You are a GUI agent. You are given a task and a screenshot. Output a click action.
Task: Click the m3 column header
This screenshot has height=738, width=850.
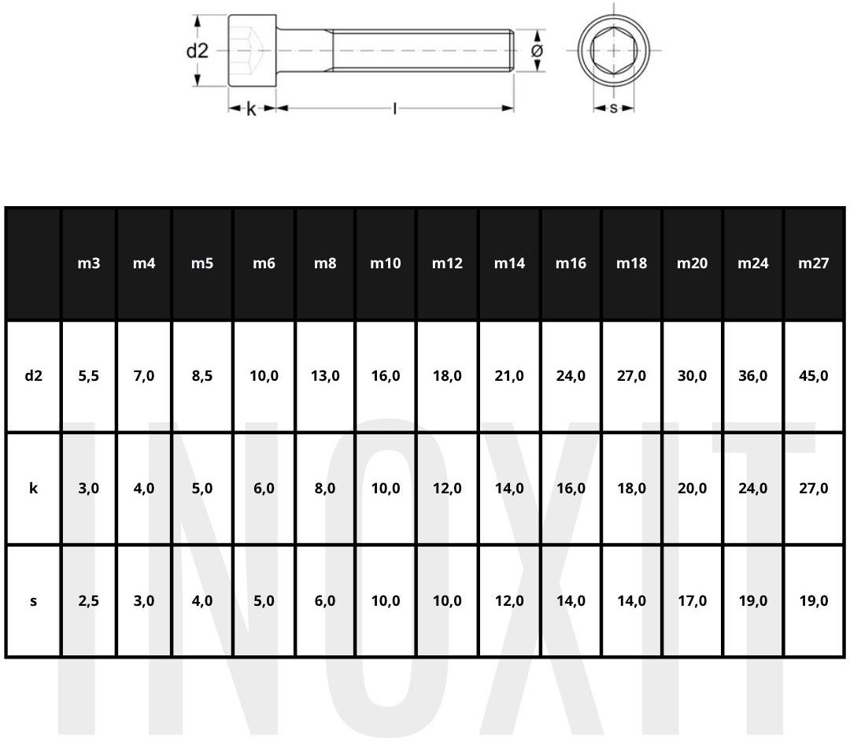click(88, 264)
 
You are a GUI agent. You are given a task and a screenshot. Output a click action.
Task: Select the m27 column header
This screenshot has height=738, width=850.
click(813, 264)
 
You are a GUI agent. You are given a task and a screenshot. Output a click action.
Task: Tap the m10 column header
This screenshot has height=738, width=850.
click(386, 264)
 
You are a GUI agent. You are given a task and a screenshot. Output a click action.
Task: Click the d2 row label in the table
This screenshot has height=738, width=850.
click(33, 375)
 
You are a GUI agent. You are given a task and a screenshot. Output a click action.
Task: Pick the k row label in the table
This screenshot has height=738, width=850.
click(33, 489)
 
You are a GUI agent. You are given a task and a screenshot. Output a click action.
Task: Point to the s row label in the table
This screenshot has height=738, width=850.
click(34, 601)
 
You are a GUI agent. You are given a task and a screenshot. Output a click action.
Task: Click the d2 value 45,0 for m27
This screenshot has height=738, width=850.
click(813, 376)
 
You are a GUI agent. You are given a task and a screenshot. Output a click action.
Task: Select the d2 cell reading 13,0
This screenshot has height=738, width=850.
click(325, 376)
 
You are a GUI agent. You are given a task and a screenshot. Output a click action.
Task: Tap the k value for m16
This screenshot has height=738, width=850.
click(571, 489)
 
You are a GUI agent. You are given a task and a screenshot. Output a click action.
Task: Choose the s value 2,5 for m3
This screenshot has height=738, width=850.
click(88, 601)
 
